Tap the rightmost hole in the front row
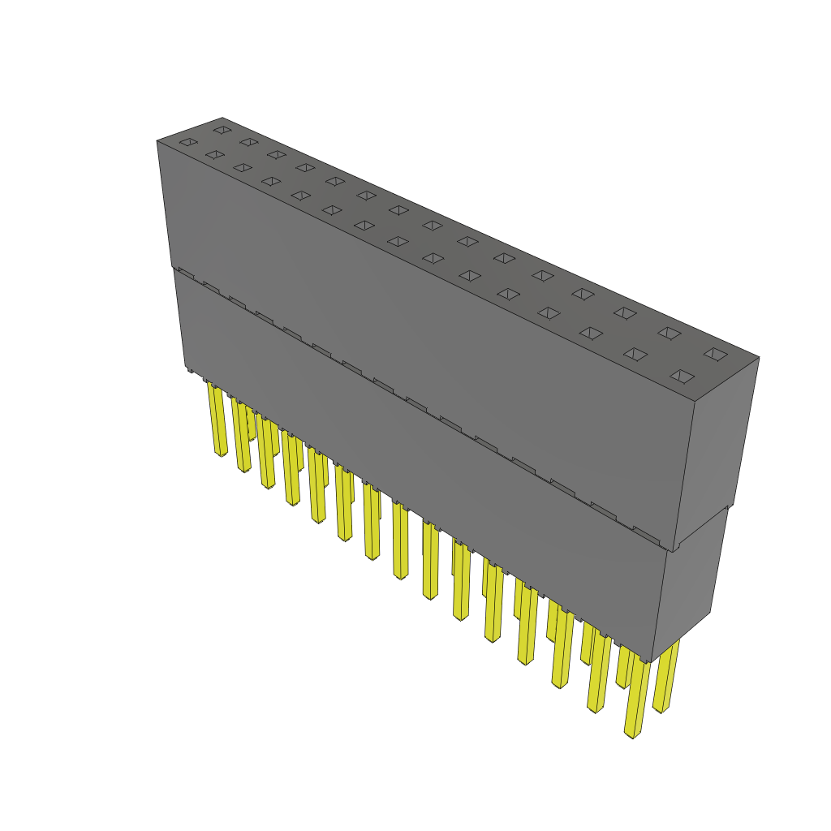pos(682,376)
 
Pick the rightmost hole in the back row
pos(715,353)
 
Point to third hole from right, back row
pos(624,312)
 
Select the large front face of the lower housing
pos(422,479)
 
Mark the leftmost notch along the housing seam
pos(186,273)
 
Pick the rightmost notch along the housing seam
pos(646,533)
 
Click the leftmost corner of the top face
pos(157,141)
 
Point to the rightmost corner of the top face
pos(759,356)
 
